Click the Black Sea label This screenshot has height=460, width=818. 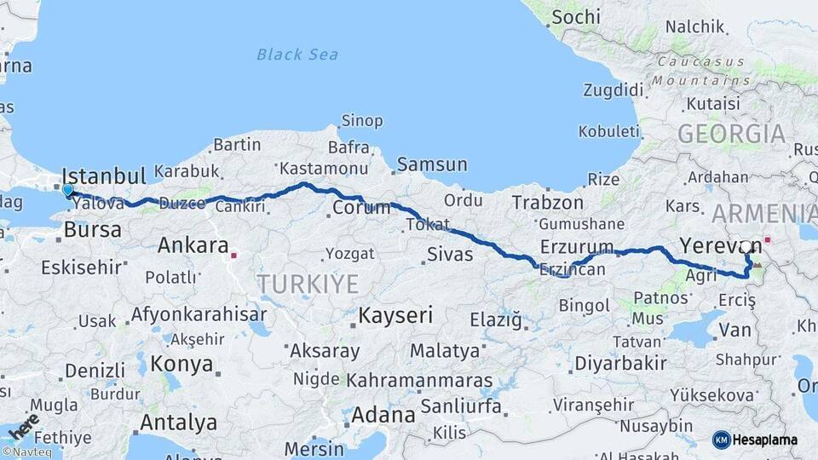pos(297,55)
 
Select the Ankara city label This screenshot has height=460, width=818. pos(193,246)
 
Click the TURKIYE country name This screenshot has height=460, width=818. pos(308,284)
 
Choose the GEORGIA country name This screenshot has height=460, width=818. pos(731,134)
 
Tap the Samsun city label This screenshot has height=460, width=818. pos(432,164)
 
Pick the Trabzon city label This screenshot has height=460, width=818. pos(548,203)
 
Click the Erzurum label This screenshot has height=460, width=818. pos(577,248)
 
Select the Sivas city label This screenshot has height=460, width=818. pos(449,253)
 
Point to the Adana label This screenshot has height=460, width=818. pos(383,416)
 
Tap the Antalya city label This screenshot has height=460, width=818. pos(178,423)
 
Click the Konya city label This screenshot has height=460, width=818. pos(181,365)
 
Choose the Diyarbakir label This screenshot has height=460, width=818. pos(620,363)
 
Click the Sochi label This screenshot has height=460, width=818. pos(576,17)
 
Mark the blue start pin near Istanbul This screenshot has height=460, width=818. pos(67,190)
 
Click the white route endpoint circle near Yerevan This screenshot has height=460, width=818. pos(746,247)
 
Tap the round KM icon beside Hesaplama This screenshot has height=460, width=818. pos(721,440)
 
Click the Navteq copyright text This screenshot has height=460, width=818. pos(26,452)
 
